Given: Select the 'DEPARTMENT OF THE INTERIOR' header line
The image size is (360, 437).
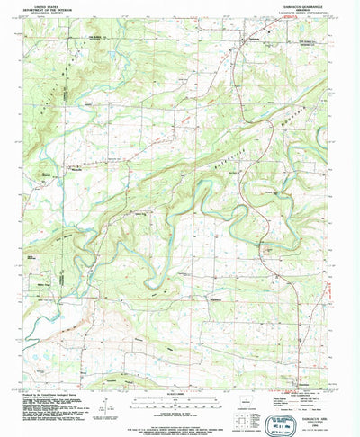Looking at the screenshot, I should tap(56, 8).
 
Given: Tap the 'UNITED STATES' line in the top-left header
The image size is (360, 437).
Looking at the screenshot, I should tap(56, 4).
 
